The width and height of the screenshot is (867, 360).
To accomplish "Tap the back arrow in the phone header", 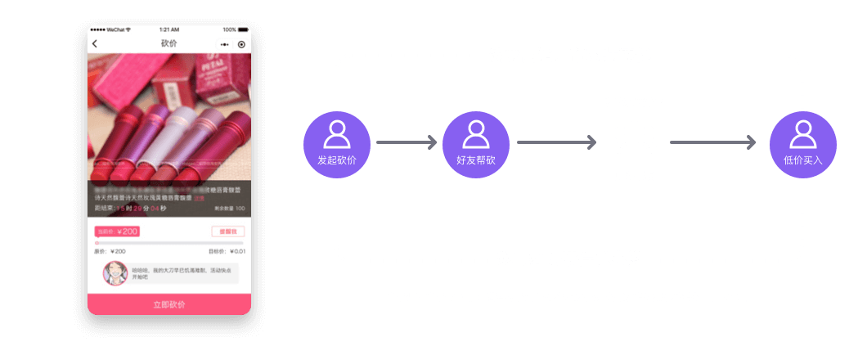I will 95,43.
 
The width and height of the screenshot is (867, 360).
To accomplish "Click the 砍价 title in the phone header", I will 168,43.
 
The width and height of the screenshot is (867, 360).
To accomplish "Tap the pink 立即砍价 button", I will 168,304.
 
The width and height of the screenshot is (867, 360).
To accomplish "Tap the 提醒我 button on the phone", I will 228,232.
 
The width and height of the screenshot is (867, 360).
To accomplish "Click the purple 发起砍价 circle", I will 337,145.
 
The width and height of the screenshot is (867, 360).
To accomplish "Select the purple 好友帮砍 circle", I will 476,145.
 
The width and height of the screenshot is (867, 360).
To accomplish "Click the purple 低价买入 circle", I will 802,145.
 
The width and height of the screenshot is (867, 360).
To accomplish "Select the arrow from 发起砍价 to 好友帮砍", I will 407,143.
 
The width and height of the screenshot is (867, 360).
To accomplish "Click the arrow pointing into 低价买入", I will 713,143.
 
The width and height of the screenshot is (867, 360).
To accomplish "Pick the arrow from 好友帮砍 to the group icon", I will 557,143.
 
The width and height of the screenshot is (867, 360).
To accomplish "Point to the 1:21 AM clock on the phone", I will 169,29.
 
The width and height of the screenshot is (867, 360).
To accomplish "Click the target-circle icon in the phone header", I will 241,43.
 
